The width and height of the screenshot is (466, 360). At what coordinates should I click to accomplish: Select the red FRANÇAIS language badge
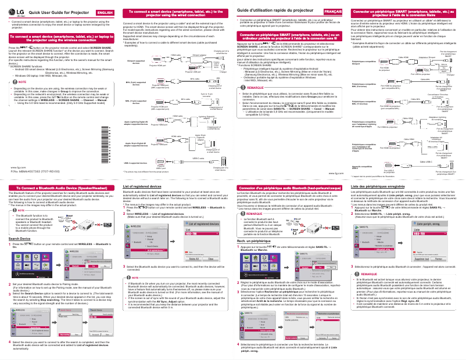point(332,12)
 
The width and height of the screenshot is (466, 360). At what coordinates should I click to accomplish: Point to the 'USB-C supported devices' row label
point(135,164)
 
